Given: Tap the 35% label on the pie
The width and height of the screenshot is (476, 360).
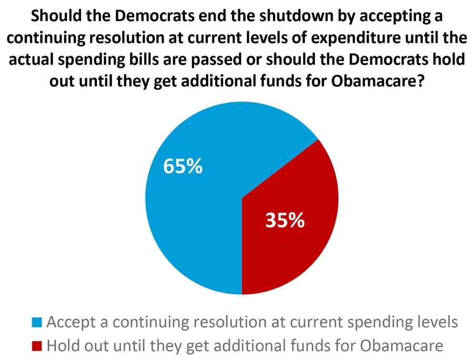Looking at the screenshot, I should coord(285,221).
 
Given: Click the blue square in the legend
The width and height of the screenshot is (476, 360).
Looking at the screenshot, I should coord(37,322).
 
